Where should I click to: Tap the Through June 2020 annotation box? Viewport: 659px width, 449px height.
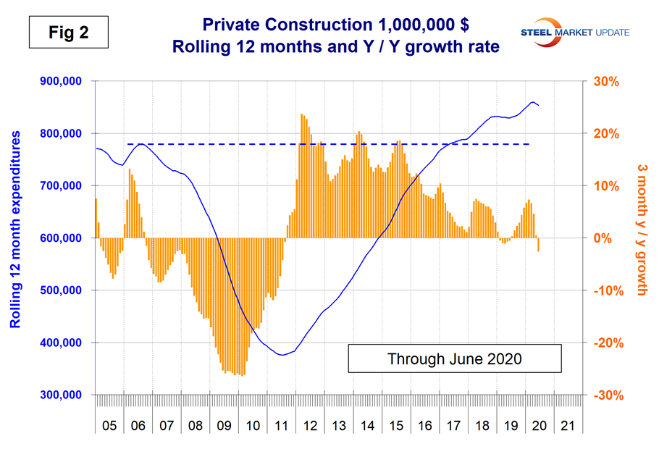point(455,358)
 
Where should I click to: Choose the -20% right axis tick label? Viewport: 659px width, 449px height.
point(609,343)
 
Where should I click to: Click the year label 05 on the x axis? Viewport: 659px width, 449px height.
point(108,421)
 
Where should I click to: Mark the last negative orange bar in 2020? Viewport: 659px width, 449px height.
point(539,245)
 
